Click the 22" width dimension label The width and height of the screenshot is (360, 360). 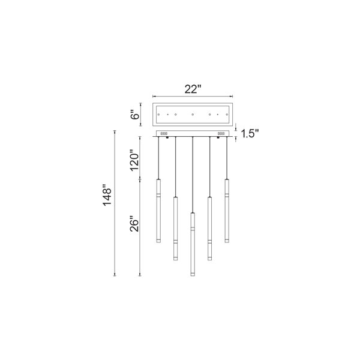tap(193, 89)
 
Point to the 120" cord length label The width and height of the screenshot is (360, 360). tap(135, 160)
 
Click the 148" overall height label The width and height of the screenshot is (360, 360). tap(107, 195)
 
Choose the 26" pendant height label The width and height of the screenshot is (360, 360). tap(134, 224)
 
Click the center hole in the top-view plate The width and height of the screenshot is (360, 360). tap(193, 115)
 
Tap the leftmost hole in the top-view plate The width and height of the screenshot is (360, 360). tap(158, 115)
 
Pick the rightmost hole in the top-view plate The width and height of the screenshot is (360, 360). tap(227, 115)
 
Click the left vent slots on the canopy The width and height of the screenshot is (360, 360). tap(164, 133)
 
